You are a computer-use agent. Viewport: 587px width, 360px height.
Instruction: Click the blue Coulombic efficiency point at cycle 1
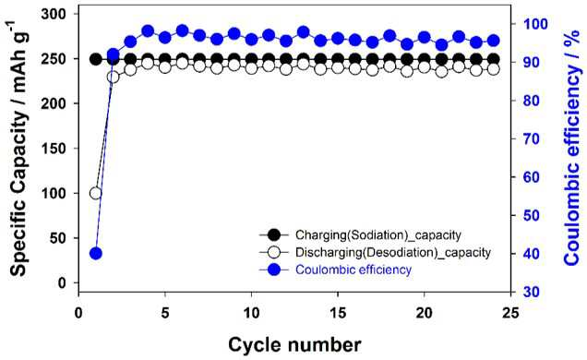coord(96,253)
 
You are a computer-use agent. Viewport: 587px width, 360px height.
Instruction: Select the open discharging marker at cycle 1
coord(96,194)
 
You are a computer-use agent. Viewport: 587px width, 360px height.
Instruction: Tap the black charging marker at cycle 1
coord(96,59)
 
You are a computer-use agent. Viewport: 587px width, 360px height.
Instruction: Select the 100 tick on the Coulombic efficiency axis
coord(535,24)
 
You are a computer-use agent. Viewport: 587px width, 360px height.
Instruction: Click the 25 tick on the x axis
coord(510,313)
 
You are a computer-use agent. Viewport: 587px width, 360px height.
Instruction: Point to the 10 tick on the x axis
coord(252,313)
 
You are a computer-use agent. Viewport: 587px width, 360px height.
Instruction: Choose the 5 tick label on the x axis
coord(165,313)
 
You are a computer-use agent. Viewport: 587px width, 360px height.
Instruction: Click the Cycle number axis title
coord(294,344)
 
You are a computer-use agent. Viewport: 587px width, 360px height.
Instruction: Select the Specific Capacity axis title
coord(17,149)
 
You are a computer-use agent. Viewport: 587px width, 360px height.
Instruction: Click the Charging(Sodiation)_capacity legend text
coord(378,235)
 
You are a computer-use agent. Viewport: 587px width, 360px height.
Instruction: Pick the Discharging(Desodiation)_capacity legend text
coord(393,252)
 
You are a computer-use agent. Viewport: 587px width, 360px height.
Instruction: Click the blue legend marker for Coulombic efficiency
coord(274,270)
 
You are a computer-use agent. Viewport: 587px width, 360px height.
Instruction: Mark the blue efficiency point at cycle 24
coord(494,41)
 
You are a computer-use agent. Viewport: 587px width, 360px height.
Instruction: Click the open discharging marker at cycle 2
coord(113,78)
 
